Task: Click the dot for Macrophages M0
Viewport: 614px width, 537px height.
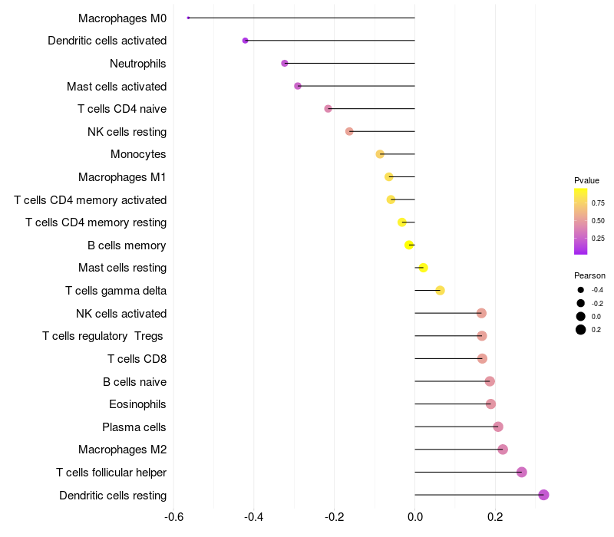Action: (x=188, y=18)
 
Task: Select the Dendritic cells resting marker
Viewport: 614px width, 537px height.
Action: (x=543, y=495)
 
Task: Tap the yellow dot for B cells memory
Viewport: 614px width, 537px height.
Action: (x=409, y=245)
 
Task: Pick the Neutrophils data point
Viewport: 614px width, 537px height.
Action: (x=285, y=63)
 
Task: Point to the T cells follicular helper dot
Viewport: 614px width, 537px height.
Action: (x=522, y=472)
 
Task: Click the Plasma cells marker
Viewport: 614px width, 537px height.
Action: (x=498, y=427)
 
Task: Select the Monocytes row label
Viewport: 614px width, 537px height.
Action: (x=138, y=154)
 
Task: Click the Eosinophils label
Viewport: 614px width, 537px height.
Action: (x=137, y=404)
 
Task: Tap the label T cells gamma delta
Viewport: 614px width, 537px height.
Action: (x=116, y=291)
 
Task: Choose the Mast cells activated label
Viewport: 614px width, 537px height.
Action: (x=117, y=86)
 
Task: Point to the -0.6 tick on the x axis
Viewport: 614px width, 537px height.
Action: (x=173, y=516)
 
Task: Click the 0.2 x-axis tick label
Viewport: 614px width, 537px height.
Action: (x=495, y=516)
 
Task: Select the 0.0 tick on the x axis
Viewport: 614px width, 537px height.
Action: (x=414, y=516)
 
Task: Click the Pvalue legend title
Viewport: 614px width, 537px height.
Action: (x=586, y=180)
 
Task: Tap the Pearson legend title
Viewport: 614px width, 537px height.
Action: (x=589, y=275)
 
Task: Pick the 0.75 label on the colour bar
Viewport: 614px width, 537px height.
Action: (x=598, y=203)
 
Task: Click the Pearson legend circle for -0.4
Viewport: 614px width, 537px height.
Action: (x=581, y=290)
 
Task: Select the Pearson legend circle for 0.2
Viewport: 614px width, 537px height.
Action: (x=581, y=329)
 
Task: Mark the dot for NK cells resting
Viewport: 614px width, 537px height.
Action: (x=349, y=131)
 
